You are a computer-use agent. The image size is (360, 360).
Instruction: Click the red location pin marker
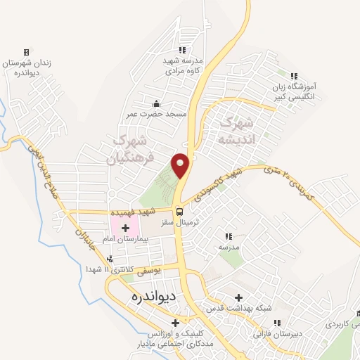(181, 165)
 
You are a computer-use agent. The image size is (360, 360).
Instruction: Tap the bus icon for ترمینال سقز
(180, 211)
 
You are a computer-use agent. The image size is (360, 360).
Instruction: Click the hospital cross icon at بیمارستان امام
(127, 227)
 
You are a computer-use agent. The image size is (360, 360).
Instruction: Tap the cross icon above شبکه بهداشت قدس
(239, 298)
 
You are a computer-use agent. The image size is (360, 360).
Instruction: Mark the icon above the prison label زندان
(27, 52)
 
